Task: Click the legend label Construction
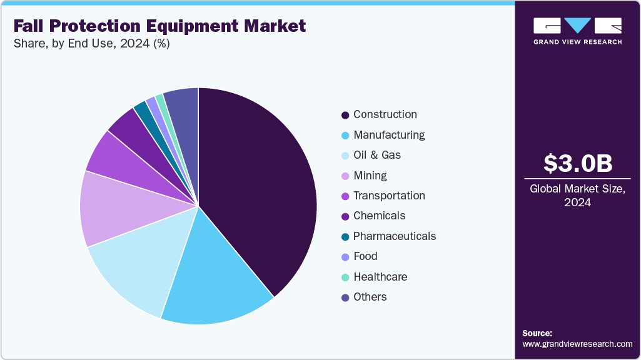(385, 114)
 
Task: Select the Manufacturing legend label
(388, 135)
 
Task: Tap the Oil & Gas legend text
(376, 155)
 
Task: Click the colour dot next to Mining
(345, 176)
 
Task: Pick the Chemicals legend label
(379, 216)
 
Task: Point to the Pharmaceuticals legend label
(394, 236)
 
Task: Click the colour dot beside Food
(345, 257)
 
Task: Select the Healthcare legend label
(380, 277)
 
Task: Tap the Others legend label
(370, 297)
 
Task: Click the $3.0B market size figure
(577, 163)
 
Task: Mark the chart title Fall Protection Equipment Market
(160, 26)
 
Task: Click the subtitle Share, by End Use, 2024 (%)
(92, 44)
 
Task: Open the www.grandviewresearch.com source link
(577, 344)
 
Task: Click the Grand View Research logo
(577, 31)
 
